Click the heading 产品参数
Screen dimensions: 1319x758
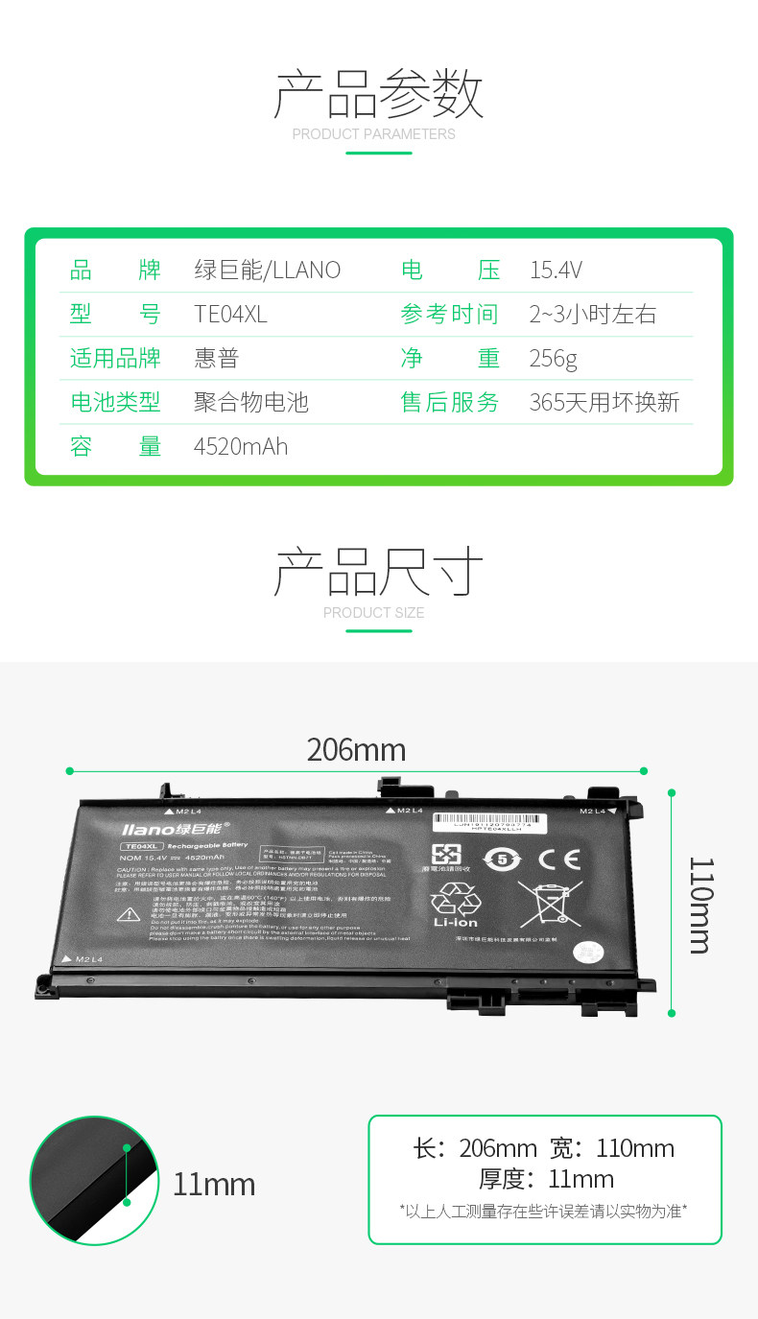pos(378,94)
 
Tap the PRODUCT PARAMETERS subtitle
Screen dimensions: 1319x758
pos(374,134)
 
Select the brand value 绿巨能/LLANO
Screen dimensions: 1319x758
pos(267,271)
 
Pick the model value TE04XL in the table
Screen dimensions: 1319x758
pos(230,315)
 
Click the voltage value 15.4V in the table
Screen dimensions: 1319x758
pos(556,271)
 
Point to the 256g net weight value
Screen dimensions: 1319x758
pos(553,359)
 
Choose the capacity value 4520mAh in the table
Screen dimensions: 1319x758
pos(241,447)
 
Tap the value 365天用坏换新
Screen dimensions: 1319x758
pos(604,403)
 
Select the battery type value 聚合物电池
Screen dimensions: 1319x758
pos(251,403)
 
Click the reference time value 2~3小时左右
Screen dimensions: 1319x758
pos(592,315)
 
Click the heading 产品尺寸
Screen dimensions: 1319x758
pos(378,573)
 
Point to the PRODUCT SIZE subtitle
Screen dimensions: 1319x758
pos(373,613)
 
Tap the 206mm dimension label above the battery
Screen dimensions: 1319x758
pos(356,750)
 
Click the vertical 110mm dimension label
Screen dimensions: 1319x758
pos(699,905)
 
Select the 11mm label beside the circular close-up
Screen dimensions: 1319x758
pos(214,1185)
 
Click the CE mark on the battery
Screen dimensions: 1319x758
pos(558,859)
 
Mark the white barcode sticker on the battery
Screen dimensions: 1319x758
pos(488,823)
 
